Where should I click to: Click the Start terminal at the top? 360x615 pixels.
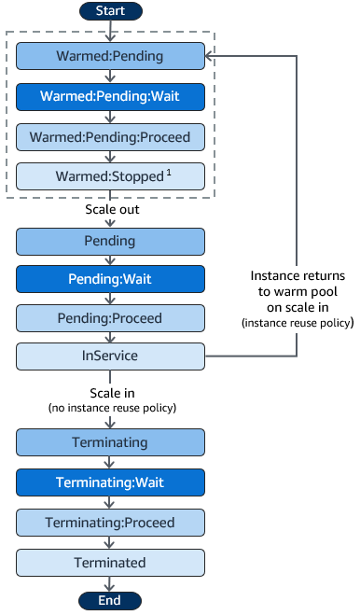click(110, 11)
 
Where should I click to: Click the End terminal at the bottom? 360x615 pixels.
click(110, 601)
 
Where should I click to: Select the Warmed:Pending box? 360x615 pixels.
click(110, 56)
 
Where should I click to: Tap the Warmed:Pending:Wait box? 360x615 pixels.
click(110, 96)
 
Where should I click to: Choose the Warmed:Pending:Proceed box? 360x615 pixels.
click(110, 136)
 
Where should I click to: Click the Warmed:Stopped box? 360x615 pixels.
click(110, 176)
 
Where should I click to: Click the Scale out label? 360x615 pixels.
click(110, 211)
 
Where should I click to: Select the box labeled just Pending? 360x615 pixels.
click(110, 241)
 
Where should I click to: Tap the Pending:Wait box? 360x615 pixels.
click(110, 279)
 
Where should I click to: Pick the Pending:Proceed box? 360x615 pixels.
click(110, 317)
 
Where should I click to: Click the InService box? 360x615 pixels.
click(110, 356)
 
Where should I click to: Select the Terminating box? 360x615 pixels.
click(110, 442)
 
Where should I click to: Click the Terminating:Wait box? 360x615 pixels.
click(110, 482)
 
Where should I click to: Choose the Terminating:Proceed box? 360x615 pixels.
click(110, 522)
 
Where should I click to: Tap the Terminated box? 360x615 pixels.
click(110, 562)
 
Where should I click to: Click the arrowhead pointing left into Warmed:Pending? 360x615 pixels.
click(210, 56)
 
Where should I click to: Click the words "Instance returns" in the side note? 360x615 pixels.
click(298, 276)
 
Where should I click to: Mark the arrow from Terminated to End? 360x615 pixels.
click(110, 583)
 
